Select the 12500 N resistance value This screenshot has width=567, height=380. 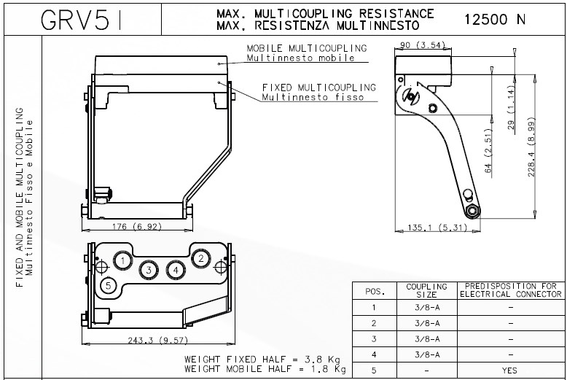[x=494, y=20]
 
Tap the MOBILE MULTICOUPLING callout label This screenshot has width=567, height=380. [x=306, y=49]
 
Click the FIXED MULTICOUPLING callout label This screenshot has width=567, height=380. [x=318, y=88]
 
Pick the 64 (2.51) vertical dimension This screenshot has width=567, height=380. [x=488, y=152]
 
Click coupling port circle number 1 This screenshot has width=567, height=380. [x=124, y=260]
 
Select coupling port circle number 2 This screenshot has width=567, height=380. [x=200, y=257]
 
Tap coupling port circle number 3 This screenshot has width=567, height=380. [x=149, y=270]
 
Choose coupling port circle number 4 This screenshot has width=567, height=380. [x=175, y=270]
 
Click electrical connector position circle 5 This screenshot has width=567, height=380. [x=109, y=285]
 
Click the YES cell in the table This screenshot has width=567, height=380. [x=510, y=371]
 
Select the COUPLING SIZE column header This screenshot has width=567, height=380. [x=426, y=290]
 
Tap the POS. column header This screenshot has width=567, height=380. [x=374, y=291]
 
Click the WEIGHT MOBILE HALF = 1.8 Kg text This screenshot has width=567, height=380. [x=264, y=370]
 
